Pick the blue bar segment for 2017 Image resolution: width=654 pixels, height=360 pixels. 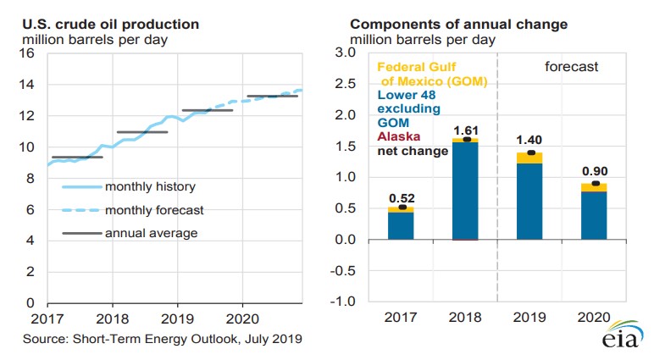(x=400, y=225)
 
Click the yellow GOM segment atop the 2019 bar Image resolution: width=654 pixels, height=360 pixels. (x=531, y=158)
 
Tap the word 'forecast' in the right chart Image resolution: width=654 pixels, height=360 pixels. (x=571, y=66)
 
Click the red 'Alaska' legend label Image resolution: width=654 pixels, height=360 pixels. (x=396, y=136)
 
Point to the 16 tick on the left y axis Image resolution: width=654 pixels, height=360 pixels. (x=26, y=53)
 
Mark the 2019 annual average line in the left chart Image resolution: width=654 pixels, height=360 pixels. (x=208, y=110)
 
